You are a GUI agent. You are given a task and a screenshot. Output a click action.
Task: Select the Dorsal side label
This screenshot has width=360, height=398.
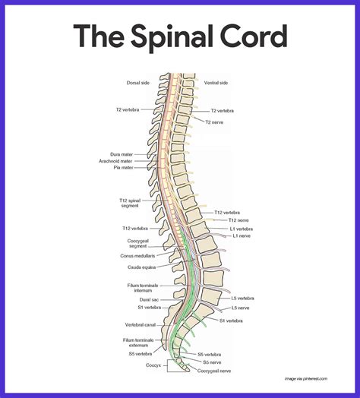[138, 83]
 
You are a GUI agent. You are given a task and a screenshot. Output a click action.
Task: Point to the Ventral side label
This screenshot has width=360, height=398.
[216, 83]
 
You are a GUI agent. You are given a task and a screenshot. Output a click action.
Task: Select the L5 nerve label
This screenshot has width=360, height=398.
[242, 308]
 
